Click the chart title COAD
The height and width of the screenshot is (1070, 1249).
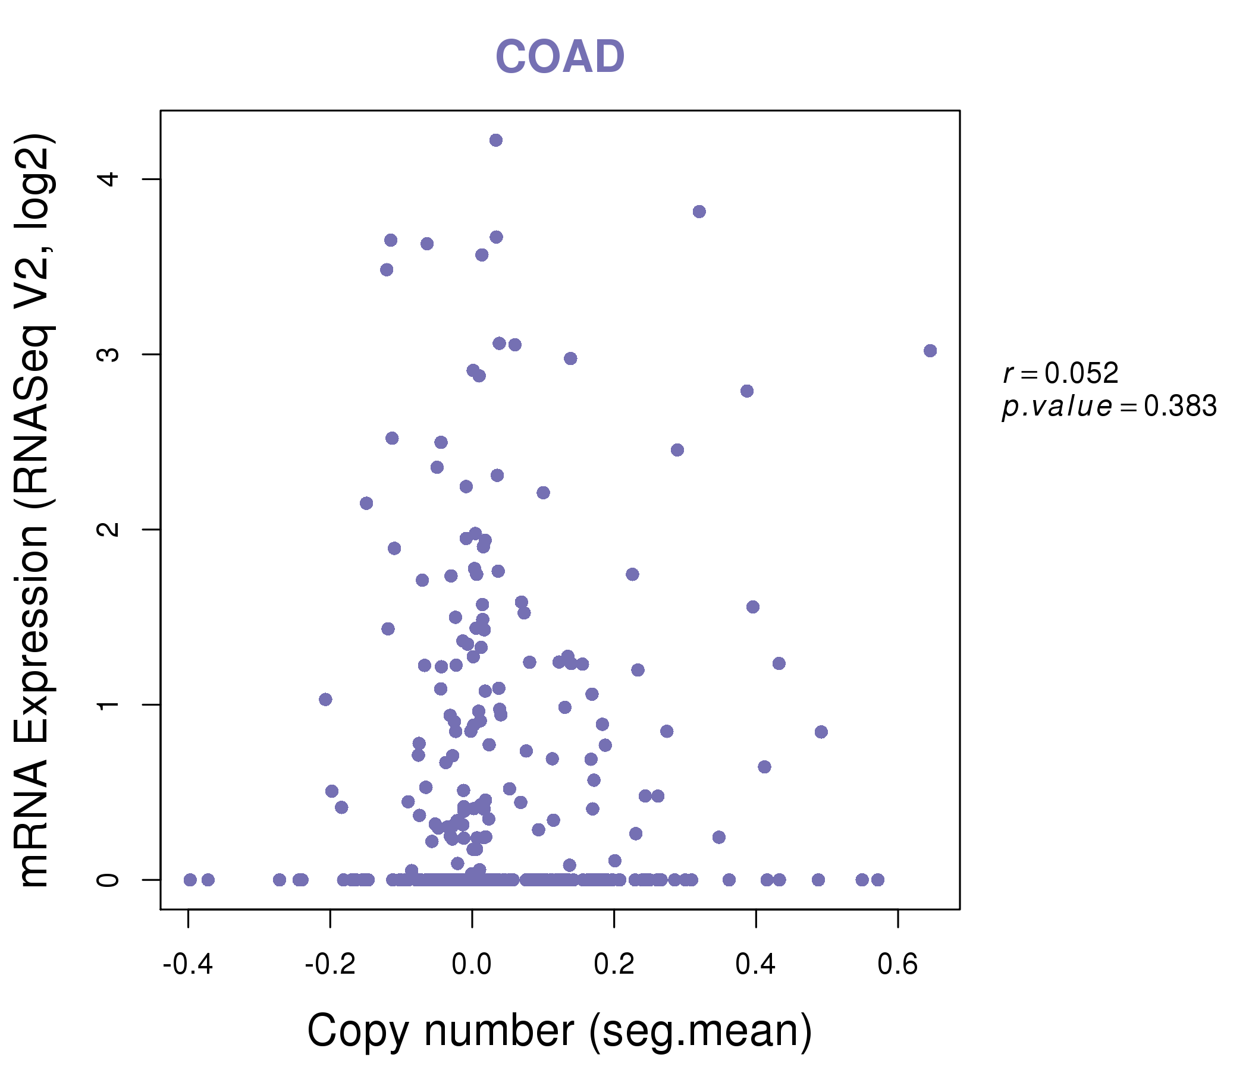click(560, 57)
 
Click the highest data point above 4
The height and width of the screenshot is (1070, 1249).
click(496, 140)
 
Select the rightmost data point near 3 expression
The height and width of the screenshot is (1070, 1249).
click(930, 351)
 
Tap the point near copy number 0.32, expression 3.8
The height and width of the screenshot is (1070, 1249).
click(699, 212)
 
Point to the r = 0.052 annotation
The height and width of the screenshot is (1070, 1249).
click(1060, 373)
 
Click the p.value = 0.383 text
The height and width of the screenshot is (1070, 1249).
click(1109, 407)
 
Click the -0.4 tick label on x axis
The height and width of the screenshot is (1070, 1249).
click(188, 965)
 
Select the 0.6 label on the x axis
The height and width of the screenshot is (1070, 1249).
click(897, 965)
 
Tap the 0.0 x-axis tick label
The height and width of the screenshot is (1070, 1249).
click(472, 965)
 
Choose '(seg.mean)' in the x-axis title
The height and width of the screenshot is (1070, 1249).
click(701, 1031)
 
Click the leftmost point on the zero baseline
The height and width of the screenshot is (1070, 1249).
click(190, 880)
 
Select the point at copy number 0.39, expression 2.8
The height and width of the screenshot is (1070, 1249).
click(747, 391)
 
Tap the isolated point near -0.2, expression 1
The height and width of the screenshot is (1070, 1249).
click(325, 700)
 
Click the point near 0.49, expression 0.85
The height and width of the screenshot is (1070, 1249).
click(821, 732)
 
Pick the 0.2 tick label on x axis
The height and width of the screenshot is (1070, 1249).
click(614, 965)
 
